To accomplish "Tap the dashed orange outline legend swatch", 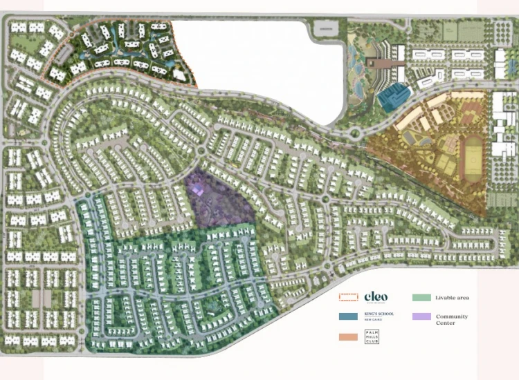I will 348,298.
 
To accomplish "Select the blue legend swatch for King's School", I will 348,316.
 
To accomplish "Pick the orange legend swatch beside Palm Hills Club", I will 348,336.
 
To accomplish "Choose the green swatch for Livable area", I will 421,298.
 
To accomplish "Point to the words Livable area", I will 453,298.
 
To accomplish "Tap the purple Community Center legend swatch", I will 421,316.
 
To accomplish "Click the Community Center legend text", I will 452,319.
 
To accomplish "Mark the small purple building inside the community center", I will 199,187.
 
